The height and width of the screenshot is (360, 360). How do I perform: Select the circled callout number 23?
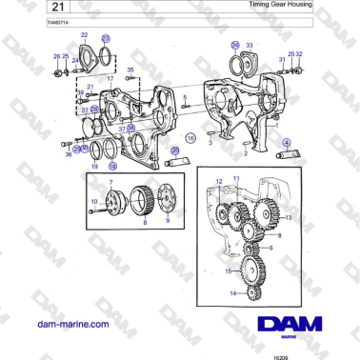106,38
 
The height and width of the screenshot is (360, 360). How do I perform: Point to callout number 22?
85,34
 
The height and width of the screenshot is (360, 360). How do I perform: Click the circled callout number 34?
235,45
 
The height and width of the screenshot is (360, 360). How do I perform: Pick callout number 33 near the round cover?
250,45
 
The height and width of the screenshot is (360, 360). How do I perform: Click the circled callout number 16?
190,138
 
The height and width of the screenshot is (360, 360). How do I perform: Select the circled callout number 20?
175,150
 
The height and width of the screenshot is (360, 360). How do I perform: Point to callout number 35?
130,70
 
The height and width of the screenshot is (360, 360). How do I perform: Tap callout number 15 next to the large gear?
228,270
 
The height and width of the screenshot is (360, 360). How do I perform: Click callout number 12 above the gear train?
219,181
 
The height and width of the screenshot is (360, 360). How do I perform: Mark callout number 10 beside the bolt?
93,202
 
